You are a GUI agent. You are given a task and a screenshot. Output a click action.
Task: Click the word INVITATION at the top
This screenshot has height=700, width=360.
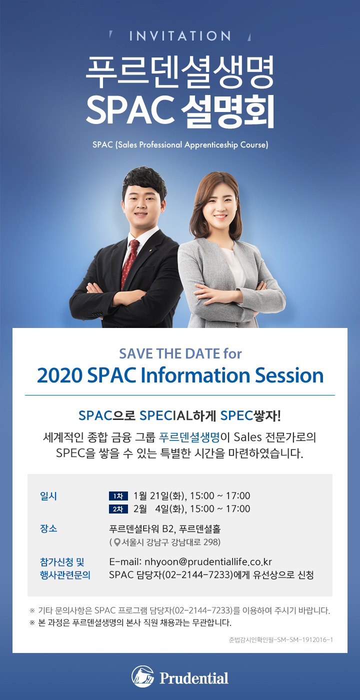tap(180, 36)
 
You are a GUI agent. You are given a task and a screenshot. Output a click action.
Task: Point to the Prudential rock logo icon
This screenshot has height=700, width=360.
tap(143, 676)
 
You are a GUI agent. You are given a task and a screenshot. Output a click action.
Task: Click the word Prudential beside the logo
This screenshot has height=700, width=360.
tap(194, 678)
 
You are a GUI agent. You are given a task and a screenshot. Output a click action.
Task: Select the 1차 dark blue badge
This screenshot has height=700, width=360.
tap(118, 496)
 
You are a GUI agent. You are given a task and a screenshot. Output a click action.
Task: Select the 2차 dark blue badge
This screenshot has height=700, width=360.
tap(118, 509)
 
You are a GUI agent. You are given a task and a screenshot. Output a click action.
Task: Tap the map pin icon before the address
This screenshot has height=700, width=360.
tap(117, 542)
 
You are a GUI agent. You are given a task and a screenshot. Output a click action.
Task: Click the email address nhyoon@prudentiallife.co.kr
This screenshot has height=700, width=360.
tap(208, 562)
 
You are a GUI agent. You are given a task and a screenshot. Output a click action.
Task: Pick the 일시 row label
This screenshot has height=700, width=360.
tap(48, 496)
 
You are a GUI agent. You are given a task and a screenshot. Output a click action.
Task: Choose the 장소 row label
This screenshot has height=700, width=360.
tap(48, 528)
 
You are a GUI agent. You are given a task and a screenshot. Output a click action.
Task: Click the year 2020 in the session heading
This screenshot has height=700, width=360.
tap(59, 375)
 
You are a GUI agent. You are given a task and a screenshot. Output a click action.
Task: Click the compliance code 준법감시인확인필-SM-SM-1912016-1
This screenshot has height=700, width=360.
tap(280, 639)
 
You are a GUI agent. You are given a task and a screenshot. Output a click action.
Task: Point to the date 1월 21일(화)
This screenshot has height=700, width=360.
tap(159, 496)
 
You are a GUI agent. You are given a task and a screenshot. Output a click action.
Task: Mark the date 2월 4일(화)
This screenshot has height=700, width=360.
tap(159, 509)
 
